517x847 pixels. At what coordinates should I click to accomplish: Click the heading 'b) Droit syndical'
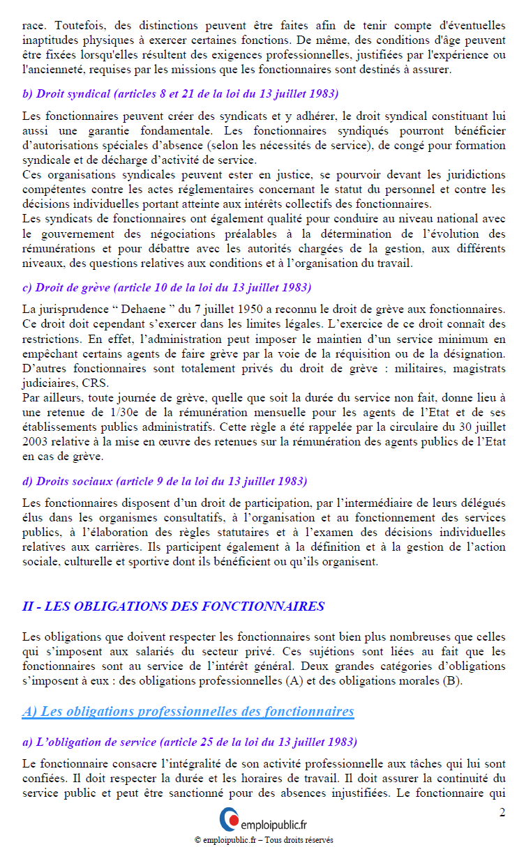click(x=180, y=93)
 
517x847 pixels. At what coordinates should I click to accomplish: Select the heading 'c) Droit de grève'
click(x=167, y=287)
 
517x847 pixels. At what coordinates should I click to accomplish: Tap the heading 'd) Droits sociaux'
click(x=165, y=481)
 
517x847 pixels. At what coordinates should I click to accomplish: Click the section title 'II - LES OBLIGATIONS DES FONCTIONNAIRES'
click(x=173, y=606)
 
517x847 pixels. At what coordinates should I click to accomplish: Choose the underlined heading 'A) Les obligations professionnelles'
click(x=188, y=711)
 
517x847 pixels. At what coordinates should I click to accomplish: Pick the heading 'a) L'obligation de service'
click(x=189, y=741)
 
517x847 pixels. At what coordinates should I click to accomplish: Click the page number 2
click(x=502, y=812)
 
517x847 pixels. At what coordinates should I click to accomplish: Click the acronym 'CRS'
click(x=93, y=383)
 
